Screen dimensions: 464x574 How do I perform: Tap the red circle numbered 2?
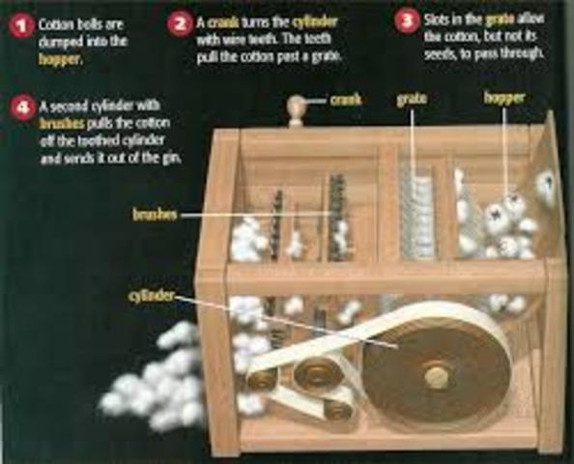tap(181, 23)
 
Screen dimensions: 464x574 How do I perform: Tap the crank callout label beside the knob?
tap(346, 99)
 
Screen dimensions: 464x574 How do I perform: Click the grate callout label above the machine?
tap(413, 99)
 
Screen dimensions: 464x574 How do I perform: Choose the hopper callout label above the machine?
tap(505, 99)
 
